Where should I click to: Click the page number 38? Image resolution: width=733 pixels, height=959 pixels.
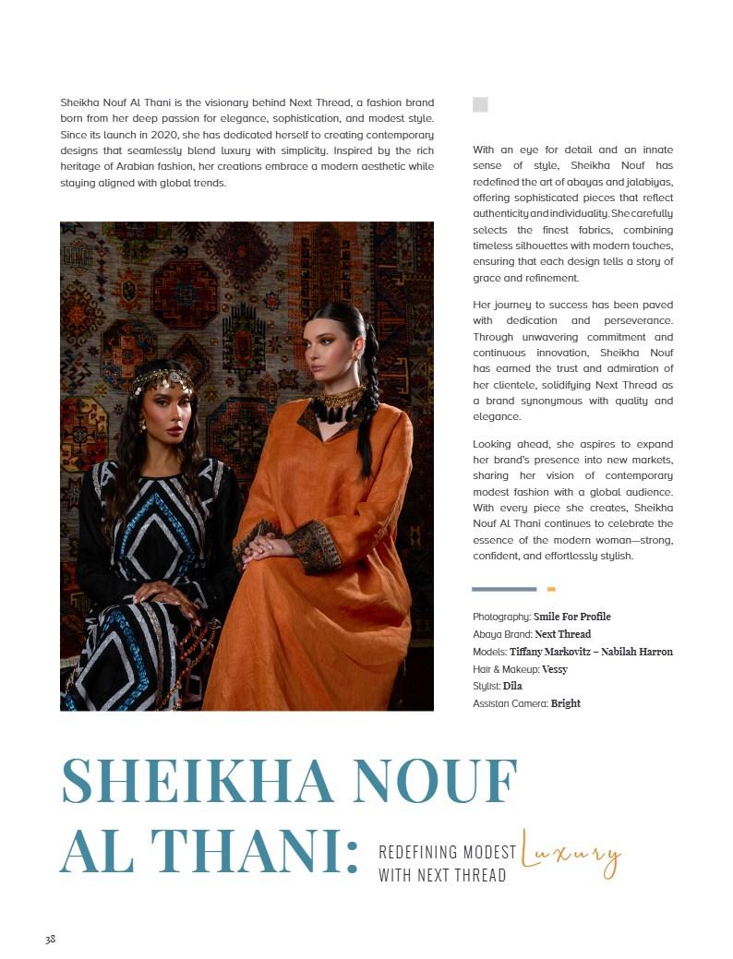pyautogui.click(x=50, y=940)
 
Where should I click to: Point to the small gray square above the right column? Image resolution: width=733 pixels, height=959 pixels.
pyautogui.click(x=480, y=104)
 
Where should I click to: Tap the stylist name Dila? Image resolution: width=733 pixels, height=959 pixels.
pyautogui.click(x=512, y=686)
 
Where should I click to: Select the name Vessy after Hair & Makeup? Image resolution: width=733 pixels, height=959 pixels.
pyautogui.click(x=555, y=668)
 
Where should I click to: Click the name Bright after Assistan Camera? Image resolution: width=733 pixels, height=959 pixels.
pyautogui.click(x=565, y=703)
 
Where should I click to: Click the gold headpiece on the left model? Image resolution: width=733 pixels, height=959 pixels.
pyautogui.click(x=162, y=379)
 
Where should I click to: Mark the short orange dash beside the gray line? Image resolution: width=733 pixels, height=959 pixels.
pyautogui.click(x=551, y=589)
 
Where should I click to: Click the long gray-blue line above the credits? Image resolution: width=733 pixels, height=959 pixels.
pyautogui.click(x=504, y=589)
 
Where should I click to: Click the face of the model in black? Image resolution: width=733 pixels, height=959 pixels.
pyautogui.click(x=162, y=411)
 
